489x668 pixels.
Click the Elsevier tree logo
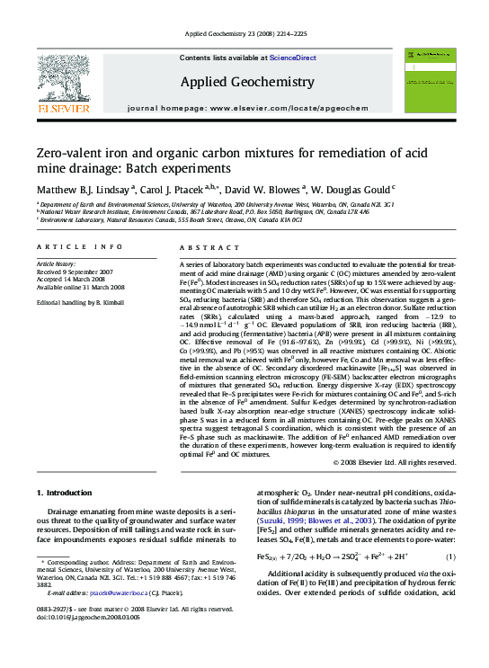click(63, 81)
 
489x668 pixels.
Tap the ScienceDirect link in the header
click(292, 58)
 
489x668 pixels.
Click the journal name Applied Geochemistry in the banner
click(247, 83)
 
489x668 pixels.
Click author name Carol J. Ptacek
click(175, 191)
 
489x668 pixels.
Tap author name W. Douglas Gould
click(353, 191)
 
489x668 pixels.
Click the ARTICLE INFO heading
click(80, 246)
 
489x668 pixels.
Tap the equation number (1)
click(447, 557)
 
